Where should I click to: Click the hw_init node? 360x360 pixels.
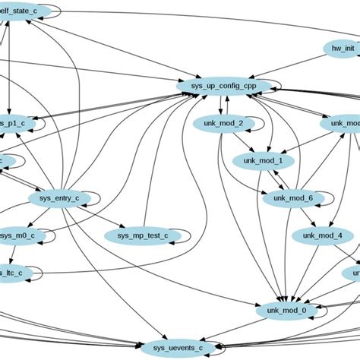tap(343, 48)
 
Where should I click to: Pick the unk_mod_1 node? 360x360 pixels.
tap(263, 160)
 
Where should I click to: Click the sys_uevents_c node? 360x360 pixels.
tap(173, 347)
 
